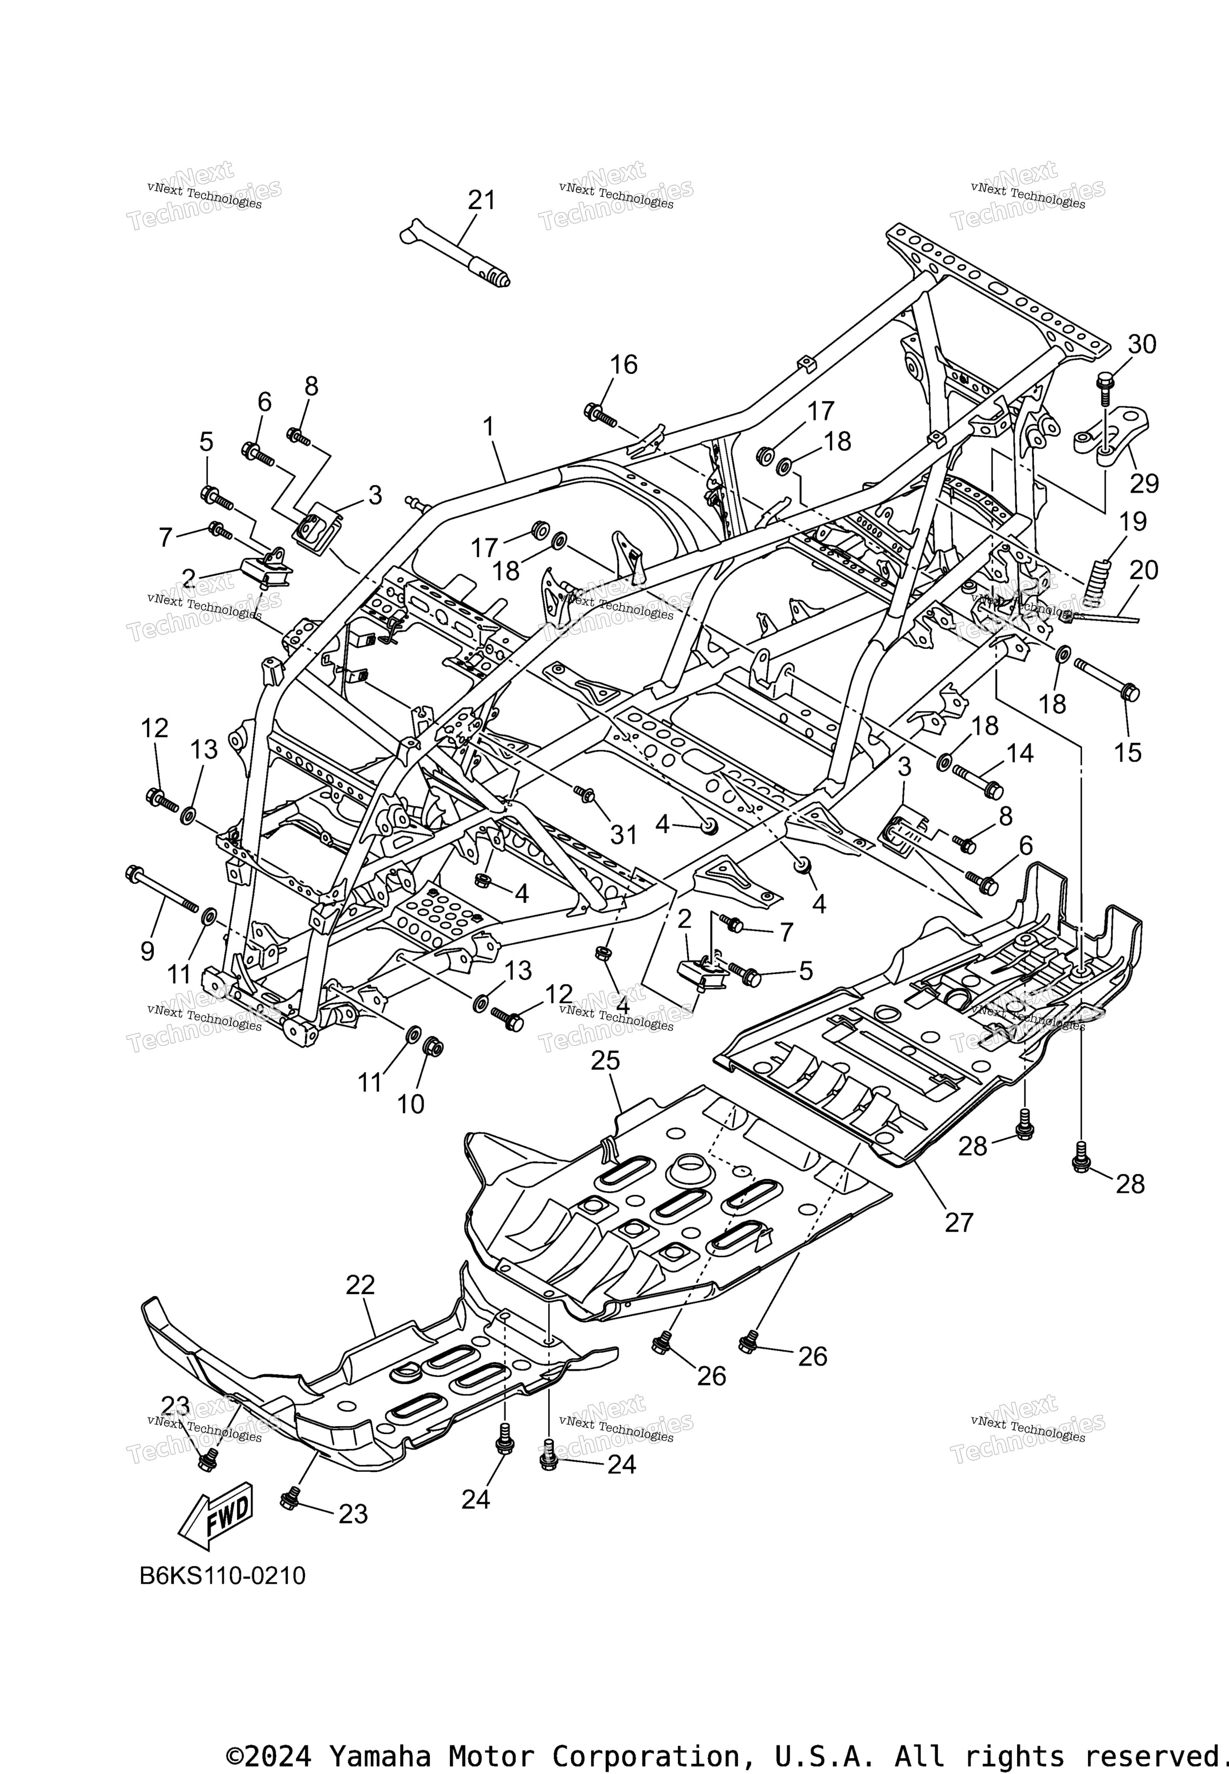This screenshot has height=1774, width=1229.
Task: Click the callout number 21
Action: point(482,200)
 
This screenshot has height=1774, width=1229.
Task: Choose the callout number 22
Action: point(360,1284)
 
